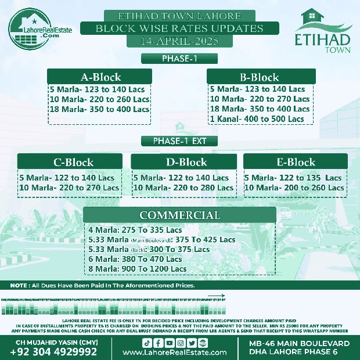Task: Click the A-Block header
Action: pyautogui.click(x=100, y=77)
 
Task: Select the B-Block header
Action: pyautogui.click(x=260, y=77)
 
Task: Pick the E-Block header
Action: pyautogui.click(x=296, y=162)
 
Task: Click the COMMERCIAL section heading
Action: pyautogui.click(x=180, y=215)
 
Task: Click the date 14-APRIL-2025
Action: pyautogui.click(x=179, y=41)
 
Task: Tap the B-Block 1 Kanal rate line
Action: pyautogui.click(x=257, y=119)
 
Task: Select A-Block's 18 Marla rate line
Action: pyautogui.click(x=99, y=109)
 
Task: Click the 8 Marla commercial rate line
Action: pyautogui.click(x=137, y=269)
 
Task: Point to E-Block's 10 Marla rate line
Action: pyautogui.click(x=294, y=188)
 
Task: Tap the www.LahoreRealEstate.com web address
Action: pyautogui.click(x=179, y=352)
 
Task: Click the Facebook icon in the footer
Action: pyautogui.click(x=158, y=342)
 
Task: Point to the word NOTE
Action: pyautogui.click(x=20, y=286)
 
